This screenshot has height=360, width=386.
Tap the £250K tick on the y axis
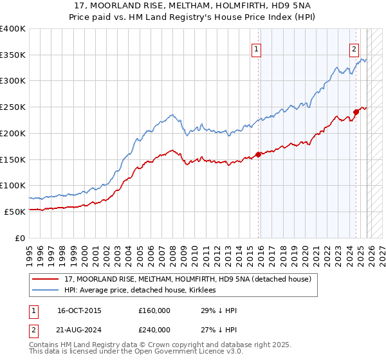pyautogui.click(x=13, y=107)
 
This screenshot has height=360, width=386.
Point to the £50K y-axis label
pyautogui.click(x=15, y=212)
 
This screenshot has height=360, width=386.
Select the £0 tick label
pyautogui.click(x=21, y=238)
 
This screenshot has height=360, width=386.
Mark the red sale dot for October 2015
pyautogui.click(x=258, y=154)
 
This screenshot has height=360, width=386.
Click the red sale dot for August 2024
pyautogui.click(x=356, y=112)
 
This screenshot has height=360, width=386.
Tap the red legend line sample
pyautogui.click(x=46, y=279)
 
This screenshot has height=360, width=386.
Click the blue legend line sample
pyautogui.click(x=46, y=290)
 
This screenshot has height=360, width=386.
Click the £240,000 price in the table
pyautogui.click(x=154, y=328)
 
